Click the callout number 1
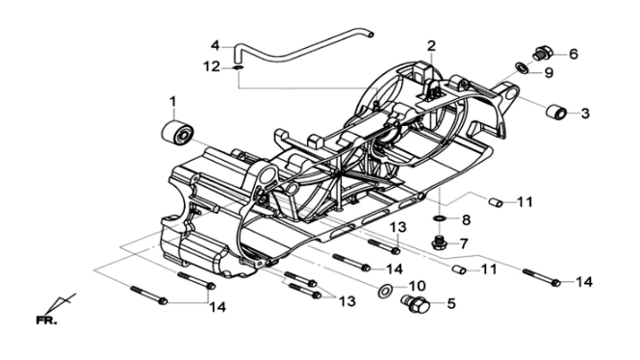click(172, 102)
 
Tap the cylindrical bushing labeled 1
click(177, 132)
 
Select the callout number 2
click(431, 46)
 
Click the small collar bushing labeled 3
click(556, 112)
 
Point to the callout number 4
click(216, 45)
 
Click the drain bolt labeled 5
click(415, 303)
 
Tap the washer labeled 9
click(522, 67)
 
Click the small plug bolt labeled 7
click(440, 243)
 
